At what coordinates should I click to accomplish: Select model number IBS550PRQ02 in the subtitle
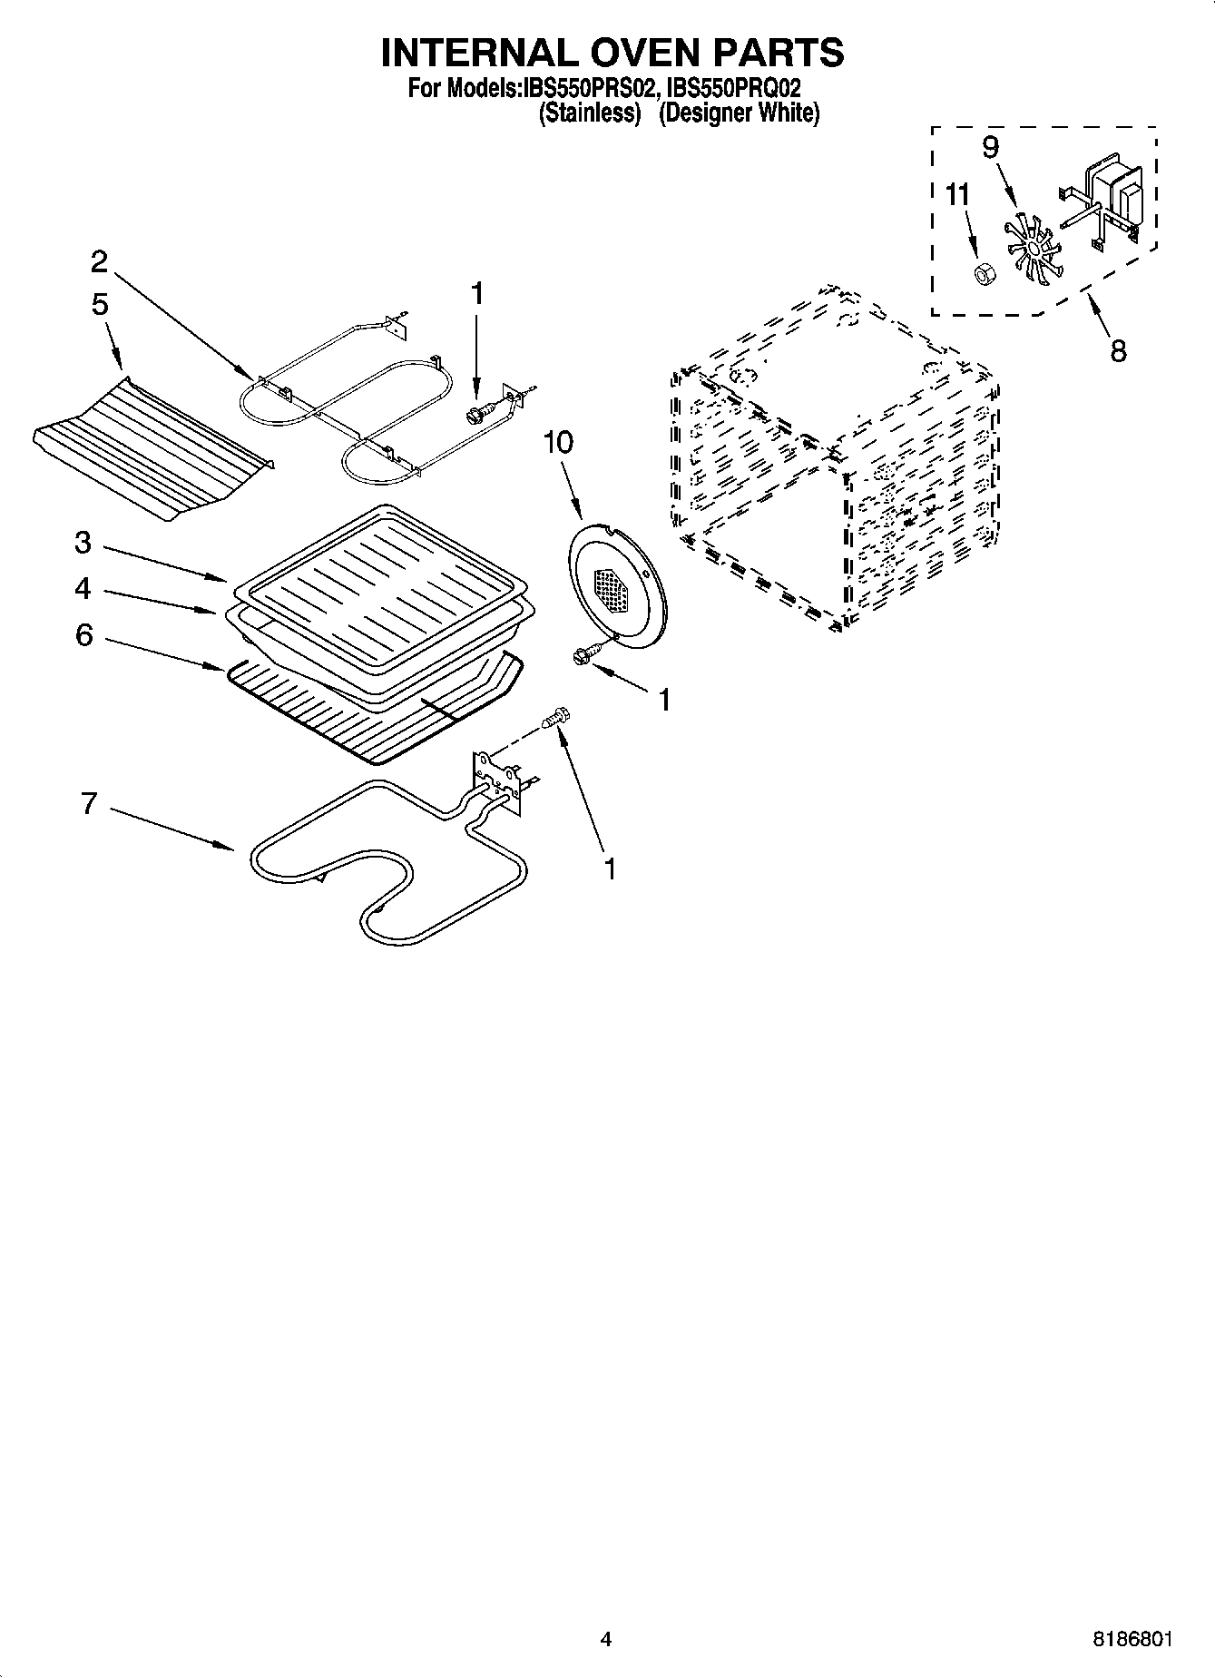pyautogui.click(x=733, y=90)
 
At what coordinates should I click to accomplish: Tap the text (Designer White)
pyautogui.click(x=740, y=114)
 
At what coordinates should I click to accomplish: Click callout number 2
pyautogui.click(x=99, y=261)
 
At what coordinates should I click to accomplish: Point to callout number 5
pyautogui.click(x=99, y=304)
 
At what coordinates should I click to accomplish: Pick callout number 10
pyautogui.click(x=559, y=442)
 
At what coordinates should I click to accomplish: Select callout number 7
pyautogui.click(x=88, y=803)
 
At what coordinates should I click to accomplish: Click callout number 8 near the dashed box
pyautogui.click(x=1118, y=349)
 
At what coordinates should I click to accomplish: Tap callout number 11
pyautogui.click(x=957, y=195)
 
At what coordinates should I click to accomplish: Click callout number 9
pyautogui.click(x=991, y=147)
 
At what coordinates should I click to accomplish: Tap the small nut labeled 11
pyautogui.click(x=981, y=272)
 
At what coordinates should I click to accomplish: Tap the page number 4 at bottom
pyautogui.click(x=606, y=1639)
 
